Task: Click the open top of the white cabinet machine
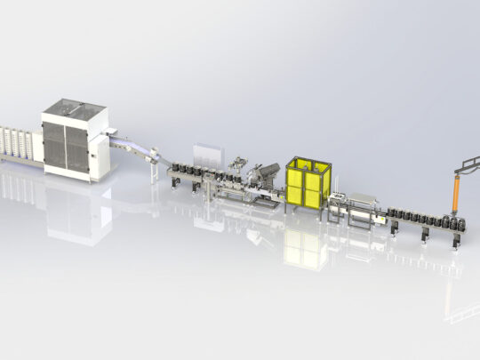[x=75, y=113]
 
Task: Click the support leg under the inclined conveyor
[x=154, y=165]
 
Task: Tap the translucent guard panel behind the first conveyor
[x=206, y=152]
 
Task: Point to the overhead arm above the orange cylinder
[x=466, y=164]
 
